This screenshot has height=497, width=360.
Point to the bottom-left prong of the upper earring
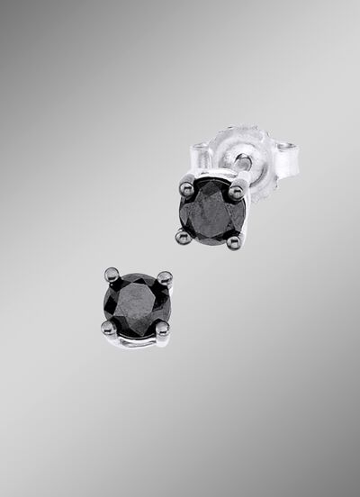[x=183, y=237]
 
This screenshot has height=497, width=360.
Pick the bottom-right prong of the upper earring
[x=233, y=240]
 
